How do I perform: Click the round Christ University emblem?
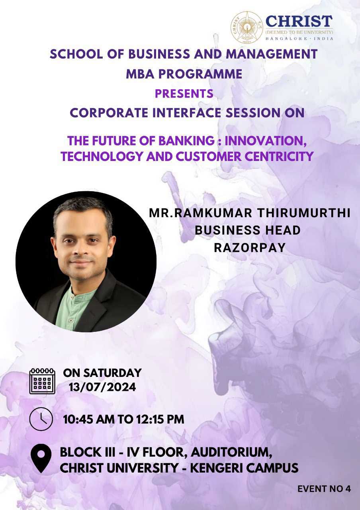point(247,27)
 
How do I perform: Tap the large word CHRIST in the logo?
point(299,21)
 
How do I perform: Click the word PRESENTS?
point(184,94)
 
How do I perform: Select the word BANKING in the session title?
point(186,141)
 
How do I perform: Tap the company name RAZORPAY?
point(250,248)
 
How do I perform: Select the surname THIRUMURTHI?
point(304,213)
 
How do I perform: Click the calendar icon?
point(42,381)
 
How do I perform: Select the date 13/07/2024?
point(102,387)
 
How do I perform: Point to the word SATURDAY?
point(112,373)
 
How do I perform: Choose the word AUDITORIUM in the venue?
point(231,452)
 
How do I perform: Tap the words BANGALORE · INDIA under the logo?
point(299,39)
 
